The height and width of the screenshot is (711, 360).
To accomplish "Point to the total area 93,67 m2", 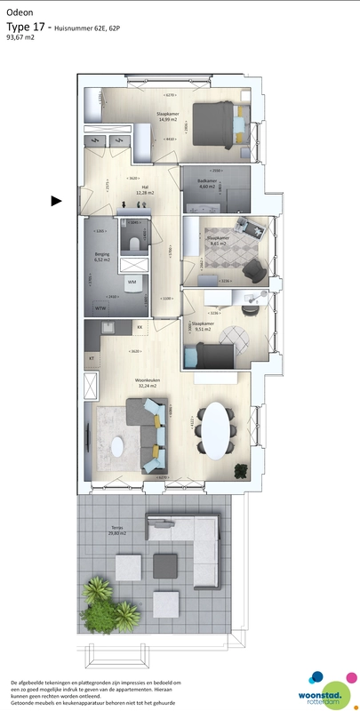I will point(20,38).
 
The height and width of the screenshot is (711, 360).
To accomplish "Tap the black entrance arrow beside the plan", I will point(56,201).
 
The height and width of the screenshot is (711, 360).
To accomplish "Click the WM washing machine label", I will point(132,282).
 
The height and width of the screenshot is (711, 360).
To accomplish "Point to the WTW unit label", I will point(100,308).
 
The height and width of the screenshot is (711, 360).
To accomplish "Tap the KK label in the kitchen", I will point(140,328).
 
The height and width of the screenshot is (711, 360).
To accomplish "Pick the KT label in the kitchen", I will point(92,358).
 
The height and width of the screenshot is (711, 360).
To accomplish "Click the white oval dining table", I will point(216,430).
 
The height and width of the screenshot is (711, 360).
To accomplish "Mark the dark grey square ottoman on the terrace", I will point(166,564).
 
